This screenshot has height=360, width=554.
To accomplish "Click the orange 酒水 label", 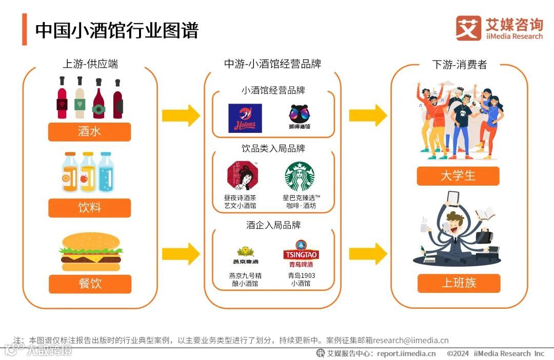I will coord(89,132).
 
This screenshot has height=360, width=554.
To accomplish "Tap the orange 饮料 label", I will coord(89,208).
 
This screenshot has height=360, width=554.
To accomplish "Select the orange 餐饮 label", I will coord(90,284).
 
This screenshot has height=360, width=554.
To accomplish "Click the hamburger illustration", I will coord(90,252).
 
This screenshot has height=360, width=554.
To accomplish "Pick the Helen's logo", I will coord(245,118).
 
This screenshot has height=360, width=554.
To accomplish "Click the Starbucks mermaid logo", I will coord(300,176).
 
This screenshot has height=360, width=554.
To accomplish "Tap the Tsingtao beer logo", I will coord(301,254).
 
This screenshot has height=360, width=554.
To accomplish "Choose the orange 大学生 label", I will coord(458,176).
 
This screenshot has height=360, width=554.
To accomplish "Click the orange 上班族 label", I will coord(459,283).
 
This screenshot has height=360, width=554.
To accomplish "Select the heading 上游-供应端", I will coord(90,64).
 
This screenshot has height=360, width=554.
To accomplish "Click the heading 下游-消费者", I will coord(459,65).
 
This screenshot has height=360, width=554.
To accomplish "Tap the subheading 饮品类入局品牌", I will coord(273,148).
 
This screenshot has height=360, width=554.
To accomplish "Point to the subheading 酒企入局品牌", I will coord(273,225).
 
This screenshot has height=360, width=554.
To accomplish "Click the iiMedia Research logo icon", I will coord(468,28).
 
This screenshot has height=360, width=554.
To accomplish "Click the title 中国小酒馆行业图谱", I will coord(116,30).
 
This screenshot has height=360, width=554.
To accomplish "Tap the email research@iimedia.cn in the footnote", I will coord(410,340).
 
